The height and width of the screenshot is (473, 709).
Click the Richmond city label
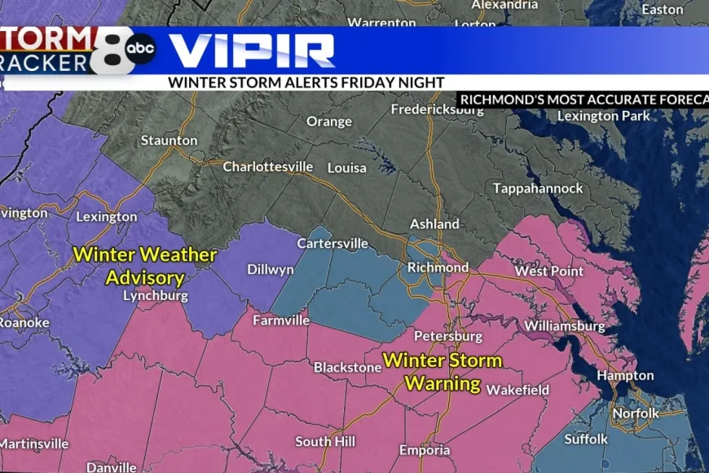(438, 267)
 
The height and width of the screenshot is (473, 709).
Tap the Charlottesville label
(268, 166)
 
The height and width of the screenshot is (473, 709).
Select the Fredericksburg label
(437, 108)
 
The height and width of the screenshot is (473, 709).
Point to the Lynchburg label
(155, 295)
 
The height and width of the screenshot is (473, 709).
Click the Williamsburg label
(564, 326)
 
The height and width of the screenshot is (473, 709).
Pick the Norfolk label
(636, 413)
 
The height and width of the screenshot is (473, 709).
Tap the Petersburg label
(443, 335)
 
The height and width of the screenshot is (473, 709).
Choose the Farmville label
(281, 320)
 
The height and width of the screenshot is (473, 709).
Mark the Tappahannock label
(538, 188)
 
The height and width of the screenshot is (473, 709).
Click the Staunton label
(169, 140)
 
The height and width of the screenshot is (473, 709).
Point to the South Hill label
(324, 441)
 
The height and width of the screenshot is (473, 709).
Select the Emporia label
(425, 450)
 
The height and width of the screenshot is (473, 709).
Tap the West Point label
(549, 271)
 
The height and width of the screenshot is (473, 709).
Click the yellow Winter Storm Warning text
(443, 371)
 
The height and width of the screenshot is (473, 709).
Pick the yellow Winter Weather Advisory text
(145, 266)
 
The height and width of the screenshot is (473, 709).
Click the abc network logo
(140, 49)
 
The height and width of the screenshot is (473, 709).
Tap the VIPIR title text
(252, 51)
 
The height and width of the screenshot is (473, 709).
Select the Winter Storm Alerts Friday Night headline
(306, 82)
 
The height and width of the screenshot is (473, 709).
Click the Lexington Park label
(604, 116)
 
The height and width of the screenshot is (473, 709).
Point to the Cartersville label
(332, 243)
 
